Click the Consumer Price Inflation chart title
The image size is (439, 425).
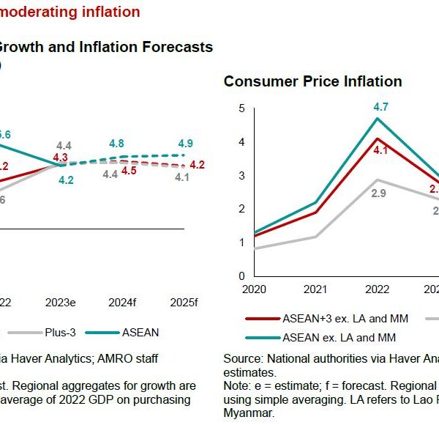tap(312, 81)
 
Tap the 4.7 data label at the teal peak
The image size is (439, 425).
tap(380, 106)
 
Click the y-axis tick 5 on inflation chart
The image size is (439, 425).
tap(241, 108)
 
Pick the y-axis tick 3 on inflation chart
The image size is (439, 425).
tap(241, 176)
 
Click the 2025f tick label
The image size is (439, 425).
tap(184, 302)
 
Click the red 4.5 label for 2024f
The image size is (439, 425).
tap(129, 171)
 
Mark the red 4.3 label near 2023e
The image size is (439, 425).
tap(61, 157)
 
